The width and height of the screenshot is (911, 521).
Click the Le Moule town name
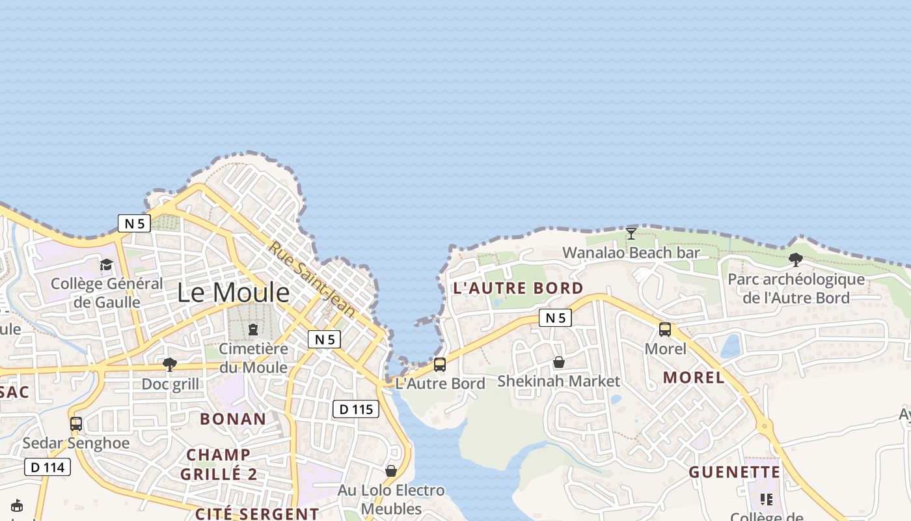point(233,292)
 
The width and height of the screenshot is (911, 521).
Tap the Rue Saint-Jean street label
point(312,279)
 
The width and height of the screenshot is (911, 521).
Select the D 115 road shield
point(356,409)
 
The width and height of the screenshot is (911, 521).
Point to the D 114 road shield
point(48,467)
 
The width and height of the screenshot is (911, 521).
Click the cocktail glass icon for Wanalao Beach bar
point(631,233)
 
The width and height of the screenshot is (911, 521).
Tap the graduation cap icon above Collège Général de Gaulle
point(106,264)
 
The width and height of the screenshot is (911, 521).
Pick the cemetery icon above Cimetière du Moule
point(253,330)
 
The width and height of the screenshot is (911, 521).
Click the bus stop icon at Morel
point(665,330)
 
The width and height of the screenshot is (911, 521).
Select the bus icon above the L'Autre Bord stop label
point(440,365)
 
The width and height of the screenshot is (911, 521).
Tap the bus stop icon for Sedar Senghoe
point(76,424)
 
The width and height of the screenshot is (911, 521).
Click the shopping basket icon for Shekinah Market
point(558,362)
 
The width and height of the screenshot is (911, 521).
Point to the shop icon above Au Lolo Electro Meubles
point(391,470)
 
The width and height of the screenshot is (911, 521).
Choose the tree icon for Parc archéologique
point(795,260)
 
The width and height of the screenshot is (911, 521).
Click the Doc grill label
point(170,384)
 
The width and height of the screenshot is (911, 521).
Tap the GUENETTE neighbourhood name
point(734,472)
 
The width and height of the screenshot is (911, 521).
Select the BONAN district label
point(233,419)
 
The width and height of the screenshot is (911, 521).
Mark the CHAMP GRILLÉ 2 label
point(219,464)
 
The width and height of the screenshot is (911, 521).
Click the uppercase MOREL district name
point(693,377)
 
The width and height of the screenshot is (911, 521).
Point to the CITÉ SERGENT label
point(257,514)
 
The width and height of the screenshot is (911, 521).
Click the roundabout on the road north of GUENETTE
point(766,427)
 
